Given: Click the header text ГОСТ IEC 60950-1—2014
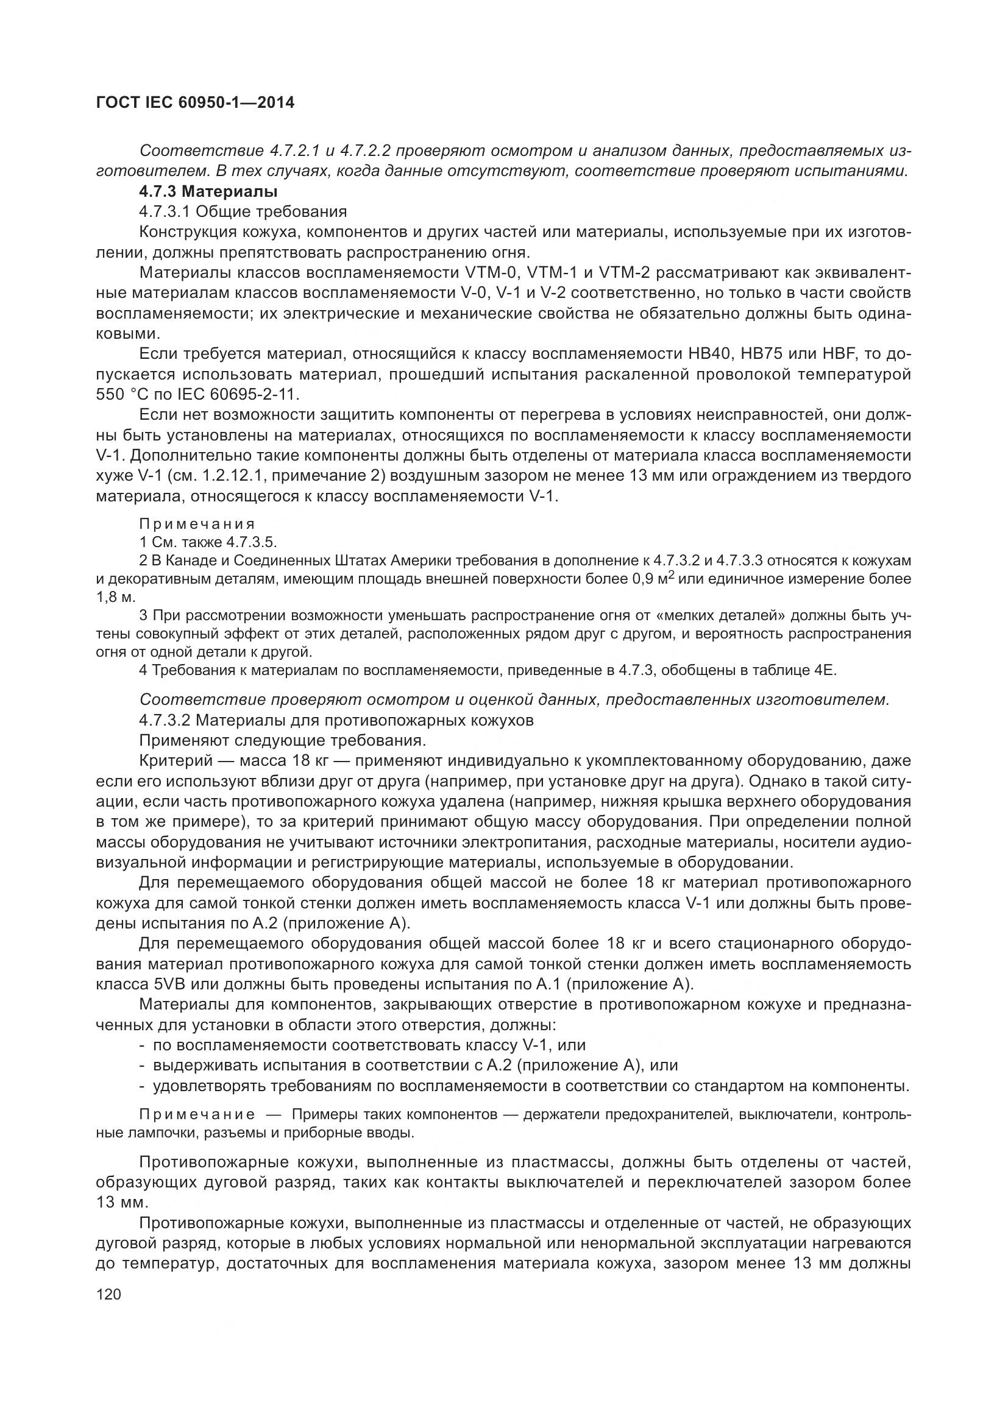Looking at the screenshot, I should [x=195, y=102].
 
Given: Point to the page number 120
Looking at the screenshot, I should [x=108, y=1293].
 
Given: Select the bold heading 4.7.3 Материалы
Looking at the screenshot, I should [x=208, y=192].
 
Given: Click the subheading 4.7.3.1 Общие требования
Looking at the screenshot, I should [x=243, y=212].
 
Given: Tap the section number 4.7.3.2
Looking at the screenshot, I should [x=165, y=721].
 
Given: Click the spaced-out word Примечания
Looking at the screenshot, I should [x=197, y=525].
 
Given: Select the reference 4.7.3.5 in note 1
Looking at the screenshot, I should [x=250, y=542].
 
